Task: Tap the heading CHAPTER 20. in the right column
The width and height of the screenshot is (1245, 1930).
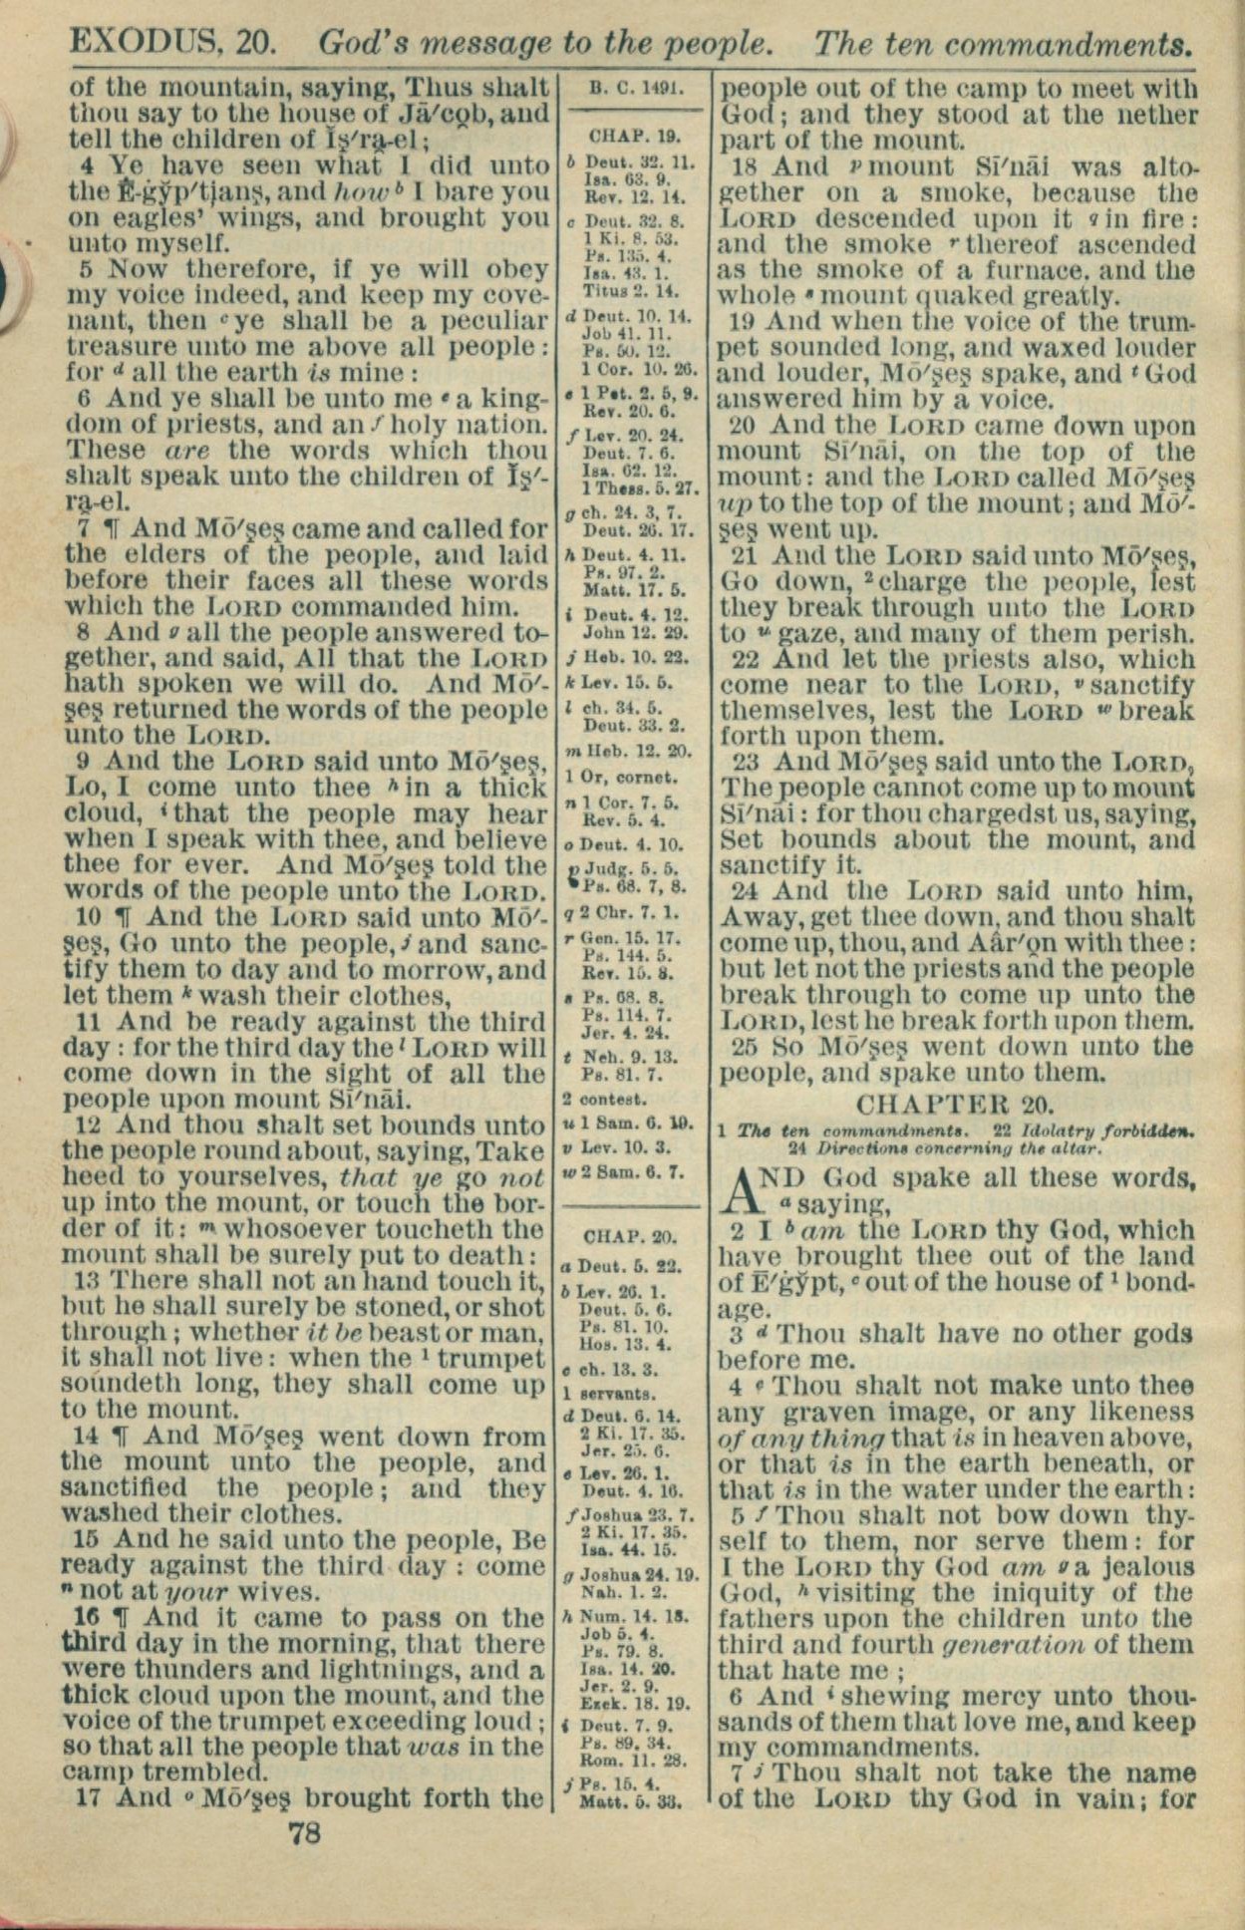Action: click(x=956, y=1104)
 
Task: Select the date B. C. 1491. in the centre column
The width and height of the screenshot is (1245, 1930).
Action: click(x=635, y=87)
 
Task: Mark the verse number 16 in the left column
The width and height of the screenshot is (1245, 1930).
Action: click(x=88, y=1617)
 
